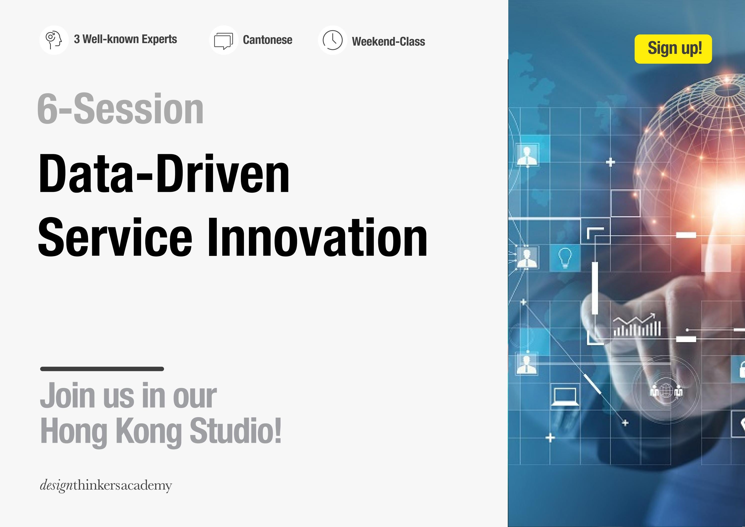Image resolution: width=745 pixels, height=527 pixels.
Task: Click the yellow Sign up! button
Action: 673,49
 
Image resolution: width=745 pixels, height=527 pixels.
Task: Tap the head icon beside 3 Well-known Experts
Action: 54,40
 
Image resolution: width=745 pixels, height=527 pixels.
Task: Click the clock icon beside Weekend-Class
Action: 332,40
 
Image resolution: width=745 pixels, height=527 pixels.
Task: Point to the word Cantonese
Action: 267,40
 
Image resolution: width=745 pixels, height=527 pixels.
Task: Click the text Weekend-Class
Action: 388,42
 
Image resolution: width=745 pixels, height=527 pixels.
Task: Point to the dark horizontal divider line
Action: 102,369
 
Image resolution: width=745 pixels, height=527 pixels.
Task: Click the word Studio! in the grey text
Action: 235,430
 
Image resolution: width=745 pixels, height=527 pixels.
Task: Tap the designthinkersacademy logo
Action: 106,485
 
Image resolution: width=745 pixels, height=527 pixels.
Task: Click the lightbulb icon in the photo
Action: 565,258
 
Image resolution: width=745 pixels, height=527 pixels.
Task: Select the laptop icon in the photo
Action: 565,396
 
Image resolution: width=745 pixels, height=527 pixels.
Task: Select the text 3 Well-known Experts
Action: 125,39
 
